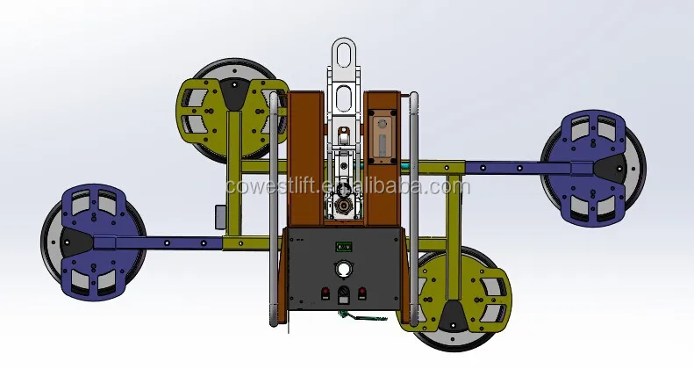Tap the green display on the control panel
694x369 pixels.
pyautogui.click(x=343, y=246)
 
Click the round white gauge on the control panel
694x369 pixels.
pyautogui.click(x=342, y=269)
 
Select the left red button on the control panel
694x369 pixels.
pyautogui.click(x=326, y=293)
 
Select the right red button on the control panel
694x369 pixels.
pyautogui.click(x=362, y=293)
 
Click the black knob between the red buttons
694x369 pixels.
pyautogui.click(x=344, y=293)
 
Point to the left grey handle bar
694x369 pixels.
pyautogui.click(x=274, y=209)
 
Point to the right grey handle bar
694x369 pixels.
pyautogui.click(x=413, y=209)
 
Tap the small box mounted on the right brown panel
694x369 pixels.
pyautogui.click(x=383, y=137)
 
